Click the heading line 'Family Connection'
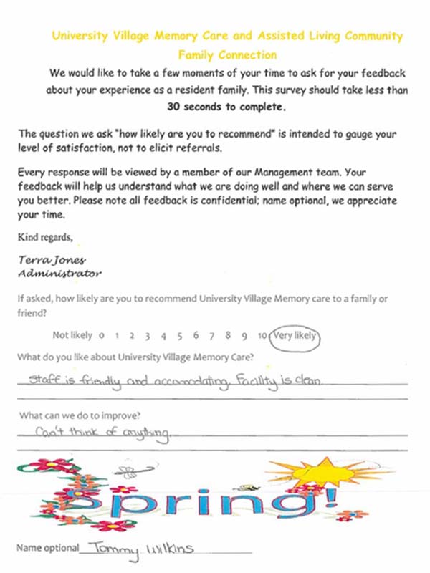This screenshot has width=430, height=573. (227, 54)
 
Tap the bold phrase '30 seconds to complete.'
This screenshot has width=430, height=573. (226, 107)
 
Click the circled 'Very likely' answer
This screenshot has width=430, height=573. (295, 334)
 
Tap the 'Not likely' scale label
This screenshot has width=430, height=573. (72, 335)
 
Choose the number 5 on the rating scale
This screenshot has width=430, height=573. (179, 335)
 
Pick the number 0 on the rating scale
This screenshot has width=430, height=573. (102, 335)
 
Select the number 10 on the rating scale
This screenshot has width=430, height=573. (262, 335)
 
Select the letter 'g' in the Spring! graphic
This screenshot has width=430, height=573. (290, 506)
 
